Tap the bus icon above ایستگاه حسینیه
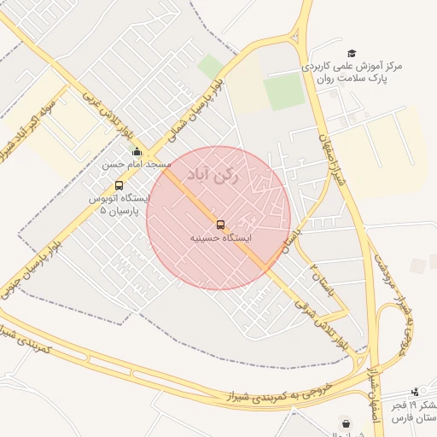(x=221, y=224)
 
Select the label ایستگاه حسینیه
(x=221, y=238)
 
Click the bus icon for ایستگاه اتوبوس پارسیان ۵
(x=119, y=185)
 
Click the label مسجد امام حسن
(x=137, y=163)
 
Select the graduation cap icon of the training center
(x=352, y=54)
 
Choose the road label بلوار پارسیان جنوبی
(x=55, y=242)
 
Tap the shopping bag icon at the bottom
(x=345, y=422)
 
